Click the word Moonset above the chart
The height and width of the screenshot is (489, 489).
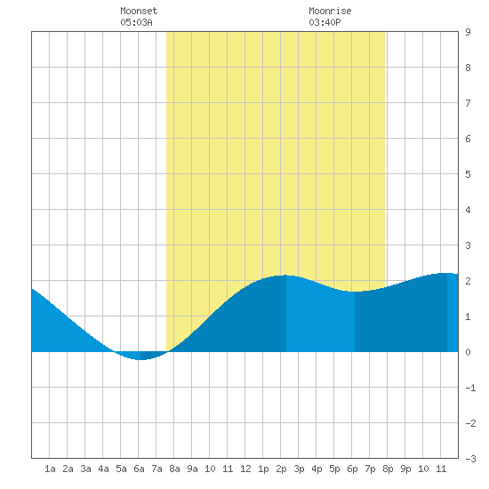point(139,11)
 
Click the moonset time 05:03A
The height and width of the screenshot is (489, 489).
point(136,22)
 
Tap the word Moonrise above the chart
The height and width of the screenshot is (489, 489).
point(330,11)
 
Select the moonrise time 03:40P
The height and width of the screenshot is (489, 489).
point(325,22)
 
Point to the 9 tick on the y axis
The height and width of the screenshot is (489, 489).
point(468,32)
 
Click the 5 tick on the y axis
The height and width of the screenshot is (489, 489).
point(468,174)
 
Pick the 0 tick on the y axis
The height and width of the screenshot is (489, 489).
point(468,352)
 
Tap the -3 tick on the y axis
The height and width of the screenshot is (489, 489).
point(470,459)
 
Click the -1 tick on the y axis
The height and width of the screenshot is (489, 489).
point(470,388)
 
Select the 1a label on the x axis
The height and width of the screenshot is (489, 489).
point(50,469)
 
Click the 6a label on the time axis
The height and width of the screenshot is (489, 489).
point(139,469)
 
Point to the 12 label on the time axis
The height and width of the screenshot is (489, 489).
point(245,469)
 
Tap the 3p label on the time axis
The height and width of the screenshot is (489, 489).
point(299,469)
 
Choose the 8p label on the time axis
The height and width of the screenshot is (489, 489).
point(388,469)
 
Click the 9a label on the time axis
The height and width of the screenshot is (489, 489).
point(192,469)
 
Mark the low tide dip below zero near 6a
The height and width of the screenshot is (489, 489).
point(140,359)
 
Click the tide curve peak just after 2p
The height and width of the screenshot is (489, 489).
point(286,276)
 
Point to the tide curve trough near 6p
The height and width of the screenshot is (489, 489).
point(355,292)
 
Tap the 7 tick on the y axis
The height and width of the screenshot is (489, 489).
point(468,103)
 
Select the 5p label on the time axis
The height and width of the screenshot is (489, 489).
point(334,469)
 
